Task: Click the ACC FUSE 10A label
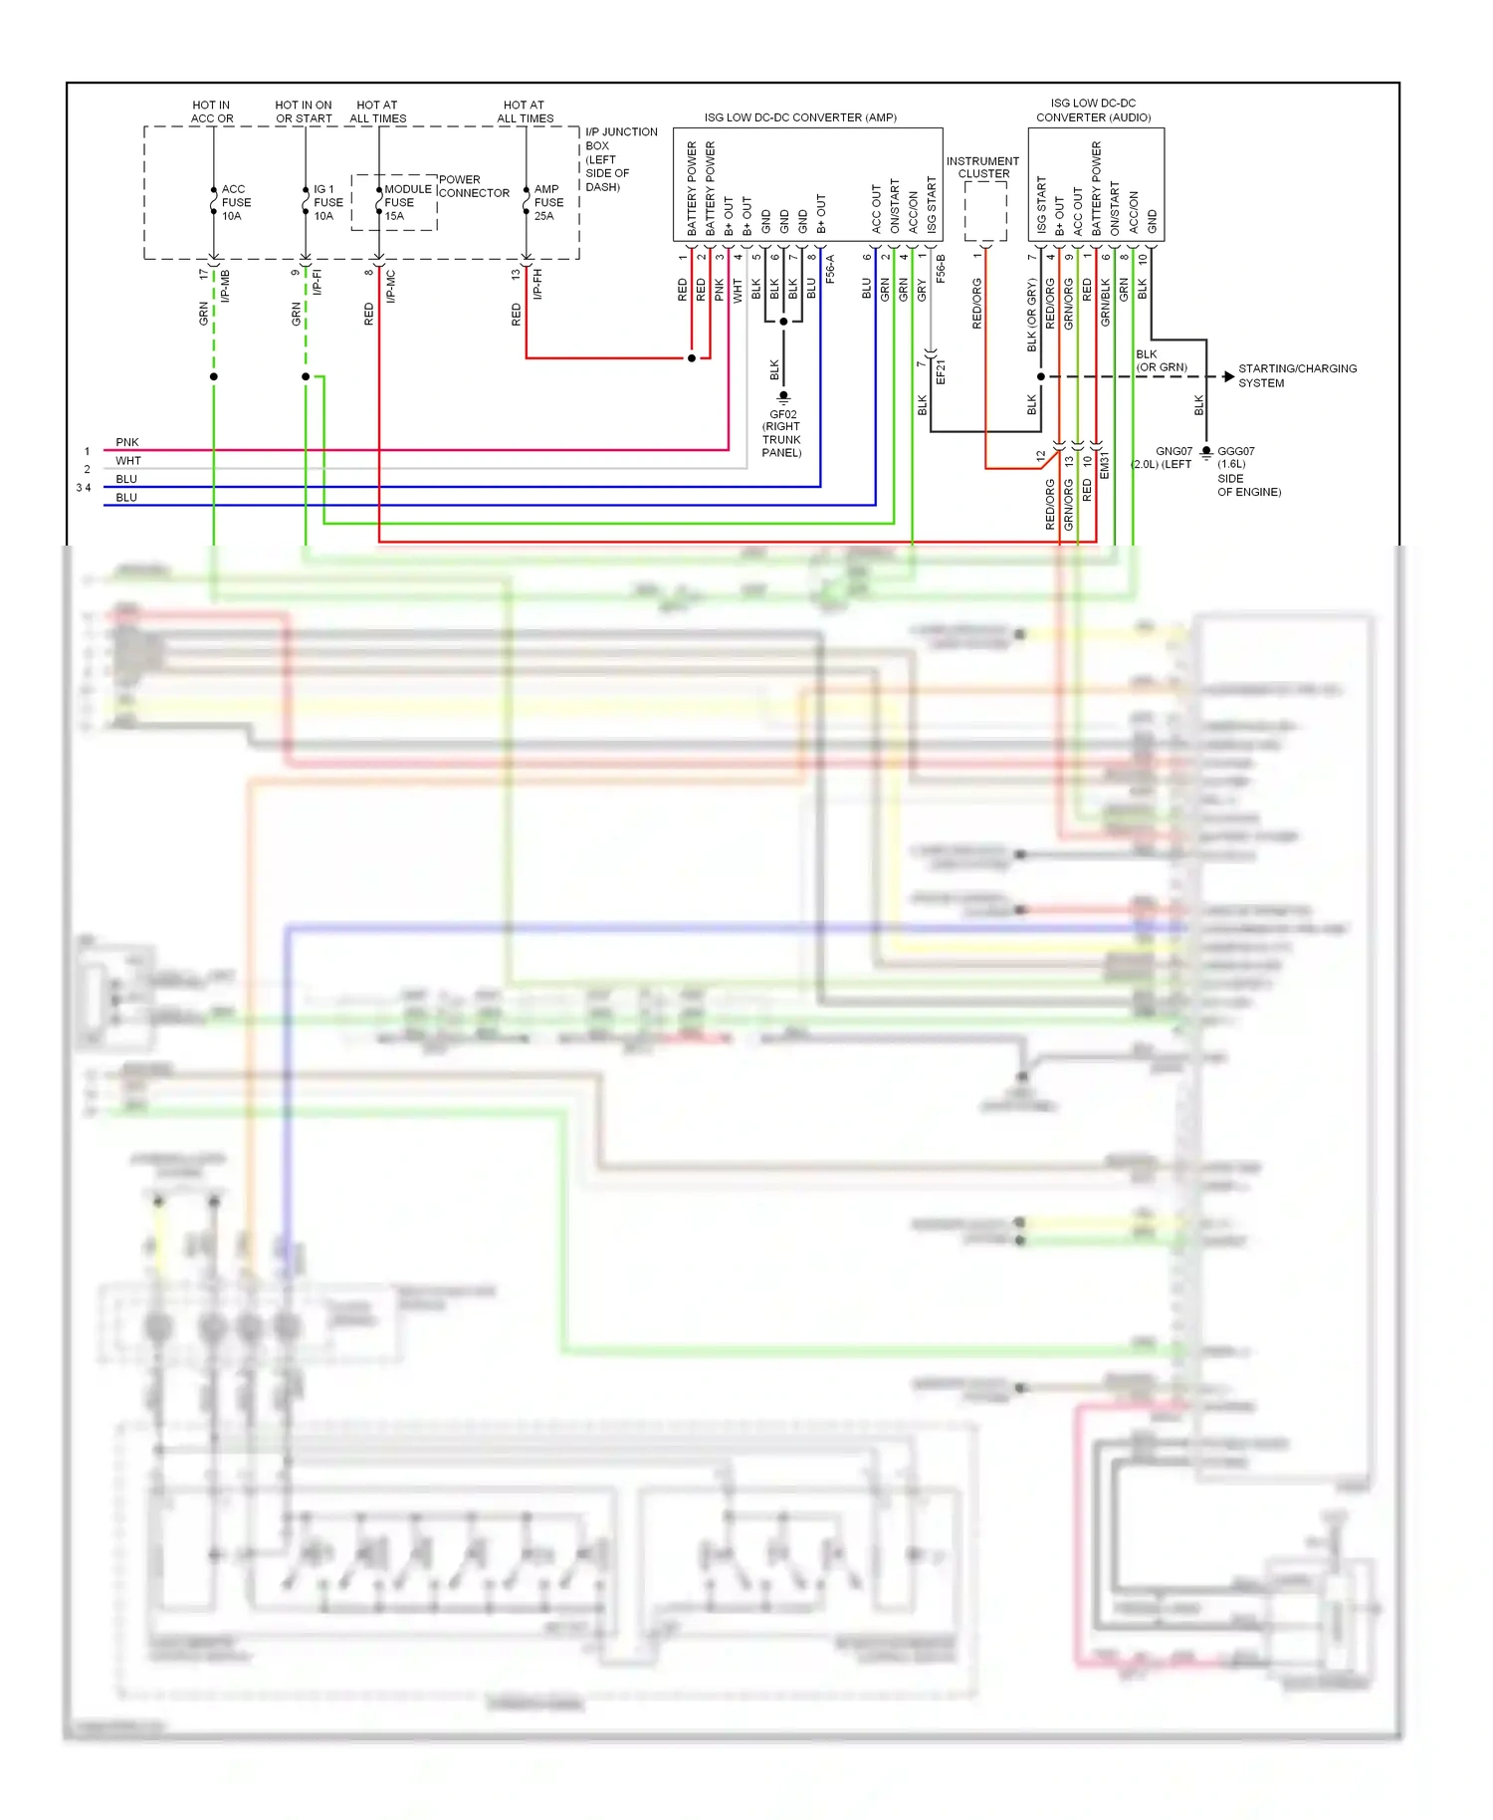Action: click(235, 202)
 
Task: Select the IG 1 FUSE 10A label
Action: click(327, 202)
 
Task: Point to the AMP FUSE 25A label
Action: click(547, 202)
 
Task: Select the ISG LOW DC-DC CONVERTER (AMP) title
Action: click(800, 117)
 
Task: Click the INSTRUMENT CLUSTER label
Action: click(982, 167)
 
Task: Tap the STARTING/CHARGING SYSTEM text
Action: click(1296, 375)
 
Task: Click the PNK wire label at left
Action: click(127, 442)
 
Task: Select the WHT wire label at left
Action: click(128, 461)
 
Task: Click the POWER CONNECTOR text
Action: click(473, 186)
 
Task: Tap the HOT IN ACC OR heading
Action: click(211, 112)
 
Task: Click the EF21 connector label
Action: click(941, 372)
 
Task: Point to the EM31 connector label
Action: click(1104, 465)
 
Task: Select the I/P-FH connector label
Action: click(537, 283)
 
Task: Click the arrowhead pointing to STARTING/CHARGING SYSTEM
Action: click(1228, 376)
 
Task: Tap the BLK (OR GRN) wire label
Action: click(1161, 360)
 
